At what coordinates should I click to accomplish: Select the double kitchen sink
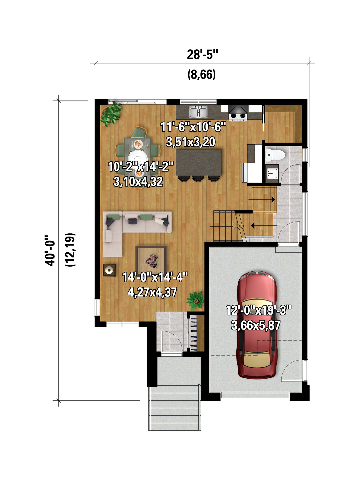[x=198, y=112]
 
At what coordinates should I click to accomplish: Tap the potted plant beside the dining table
[x=111, y=114]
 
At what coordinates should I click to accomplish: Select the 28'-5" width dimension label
[x=202, y=55]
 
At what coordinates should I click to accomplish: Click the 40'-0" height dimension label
[x=50, y=250]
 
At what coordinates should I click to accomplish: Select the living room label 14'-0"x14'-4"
[x=155, y=277]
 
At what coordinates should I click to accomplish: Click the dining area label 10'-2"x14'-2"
[x=141, y=166]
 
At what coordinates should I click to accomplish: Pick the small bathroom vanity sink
[x=272, y=173]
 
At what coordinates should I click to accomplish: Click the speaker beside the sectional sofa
[x=109, y=270]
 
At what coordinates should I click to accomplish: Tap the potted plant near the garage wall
[x=195, y=301]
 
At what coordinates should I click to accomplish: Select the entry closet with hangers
[x=196, y=333]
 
